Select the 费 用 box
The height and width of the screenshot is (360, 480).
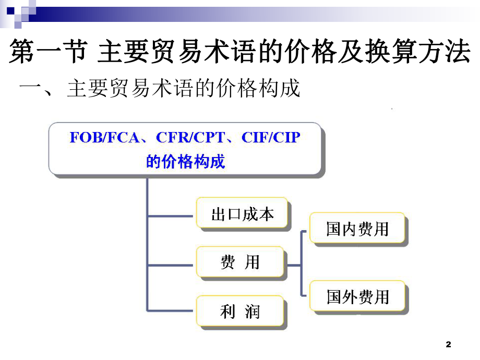[240, 262]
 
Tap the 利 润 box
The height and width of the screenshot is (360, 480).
[240, 312]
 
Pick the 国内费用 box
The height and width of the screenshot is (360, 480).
[357, 229]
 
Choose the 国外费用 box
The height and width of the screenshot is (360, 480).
[358, 297]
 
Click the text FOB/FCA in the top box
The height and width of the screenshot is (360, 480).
[104, 137]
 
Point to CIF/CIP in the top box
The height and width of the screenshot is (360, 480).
[271, 137]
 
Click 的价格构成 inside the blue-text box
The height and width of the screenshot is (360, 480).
[185, 161]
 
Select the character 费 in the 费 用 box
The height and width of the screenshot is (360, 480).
[227, 262]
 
